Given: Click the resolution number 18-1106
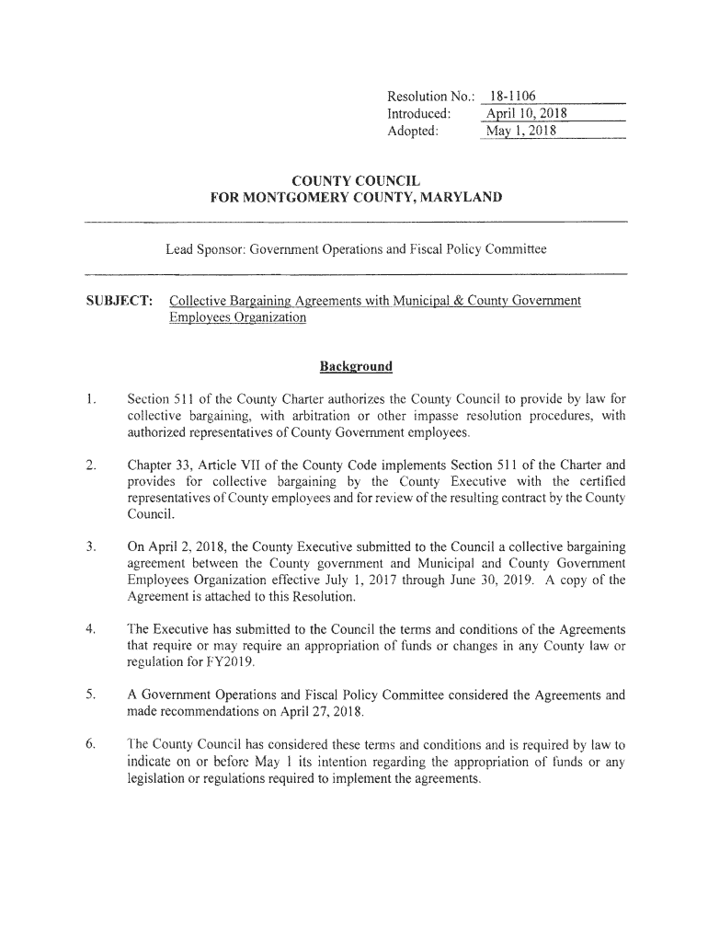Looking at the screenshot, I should (513, 97).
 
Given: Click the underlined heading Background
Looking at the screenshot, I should (356, 367).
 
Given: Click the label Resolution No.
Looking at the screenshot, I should (429, 97).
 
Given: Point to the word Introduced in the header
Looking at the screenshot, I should (418, 114).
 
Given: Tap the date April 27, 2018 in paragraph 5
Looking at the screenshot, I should (313, 713).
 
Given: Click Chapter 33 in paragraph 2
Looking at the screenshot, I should (161, 465).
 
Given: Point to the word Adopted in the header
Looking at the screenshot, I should (413, 132).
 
